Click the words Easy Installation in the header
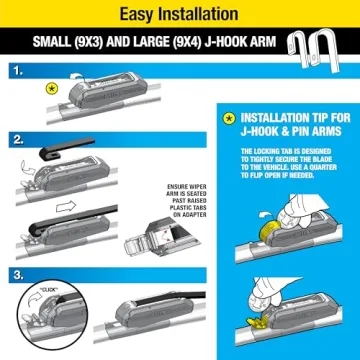[x=179, y=14]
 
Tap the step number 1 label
[x=17, y=73]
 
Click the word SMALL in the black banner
[x=61, y=45]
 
